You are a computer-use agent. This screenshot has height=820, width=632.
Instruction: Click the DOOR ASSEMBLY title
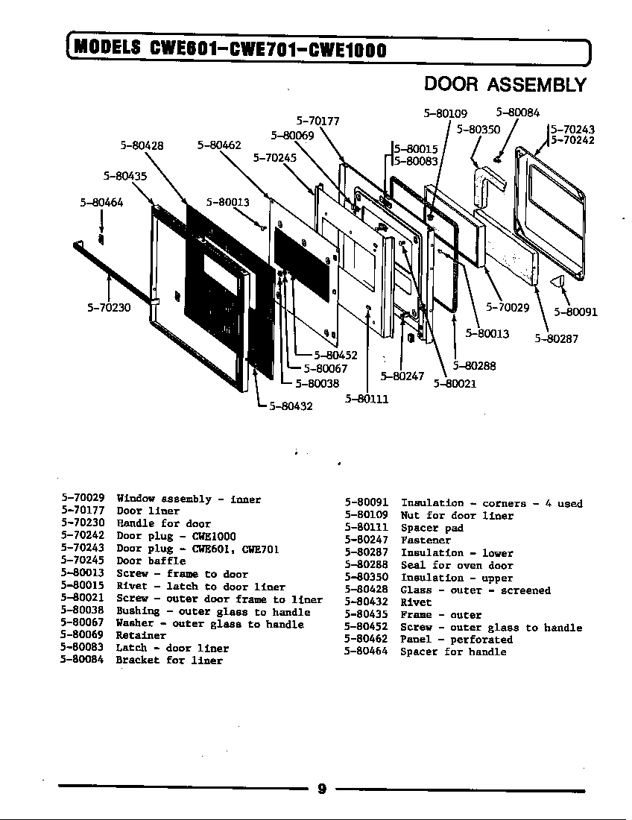(x=505, y=85)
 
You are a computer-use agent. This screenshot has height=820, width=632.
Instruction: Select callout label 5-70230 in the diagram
(x=109, y=306)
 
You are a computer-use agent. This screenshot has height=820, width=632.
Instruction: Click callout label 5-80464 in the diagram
(x=101, y=202)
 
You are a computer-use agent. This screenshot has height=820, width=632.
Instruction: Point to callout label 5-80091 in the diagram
(x=575, y=312)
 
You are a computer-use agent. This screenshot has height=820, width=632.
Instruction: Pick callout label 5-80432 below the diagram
(x=290, y=406)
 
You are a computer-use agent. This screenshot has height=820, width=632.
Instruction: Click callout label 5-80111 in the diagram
(x=367, y=399)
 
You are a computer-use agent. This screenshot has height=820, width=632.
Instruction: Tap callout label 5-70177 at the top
(x=318, y=120)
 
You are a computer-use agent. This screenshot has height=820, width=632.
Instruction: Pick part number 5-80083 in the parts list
(x=82, y=648)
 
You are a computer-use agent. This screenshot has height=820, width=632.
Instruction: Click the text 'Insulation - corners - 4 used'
(x=491, y=504)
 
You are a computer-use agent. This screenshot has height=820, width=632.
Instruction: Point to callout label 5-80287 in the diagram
(x=556, y=338)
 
